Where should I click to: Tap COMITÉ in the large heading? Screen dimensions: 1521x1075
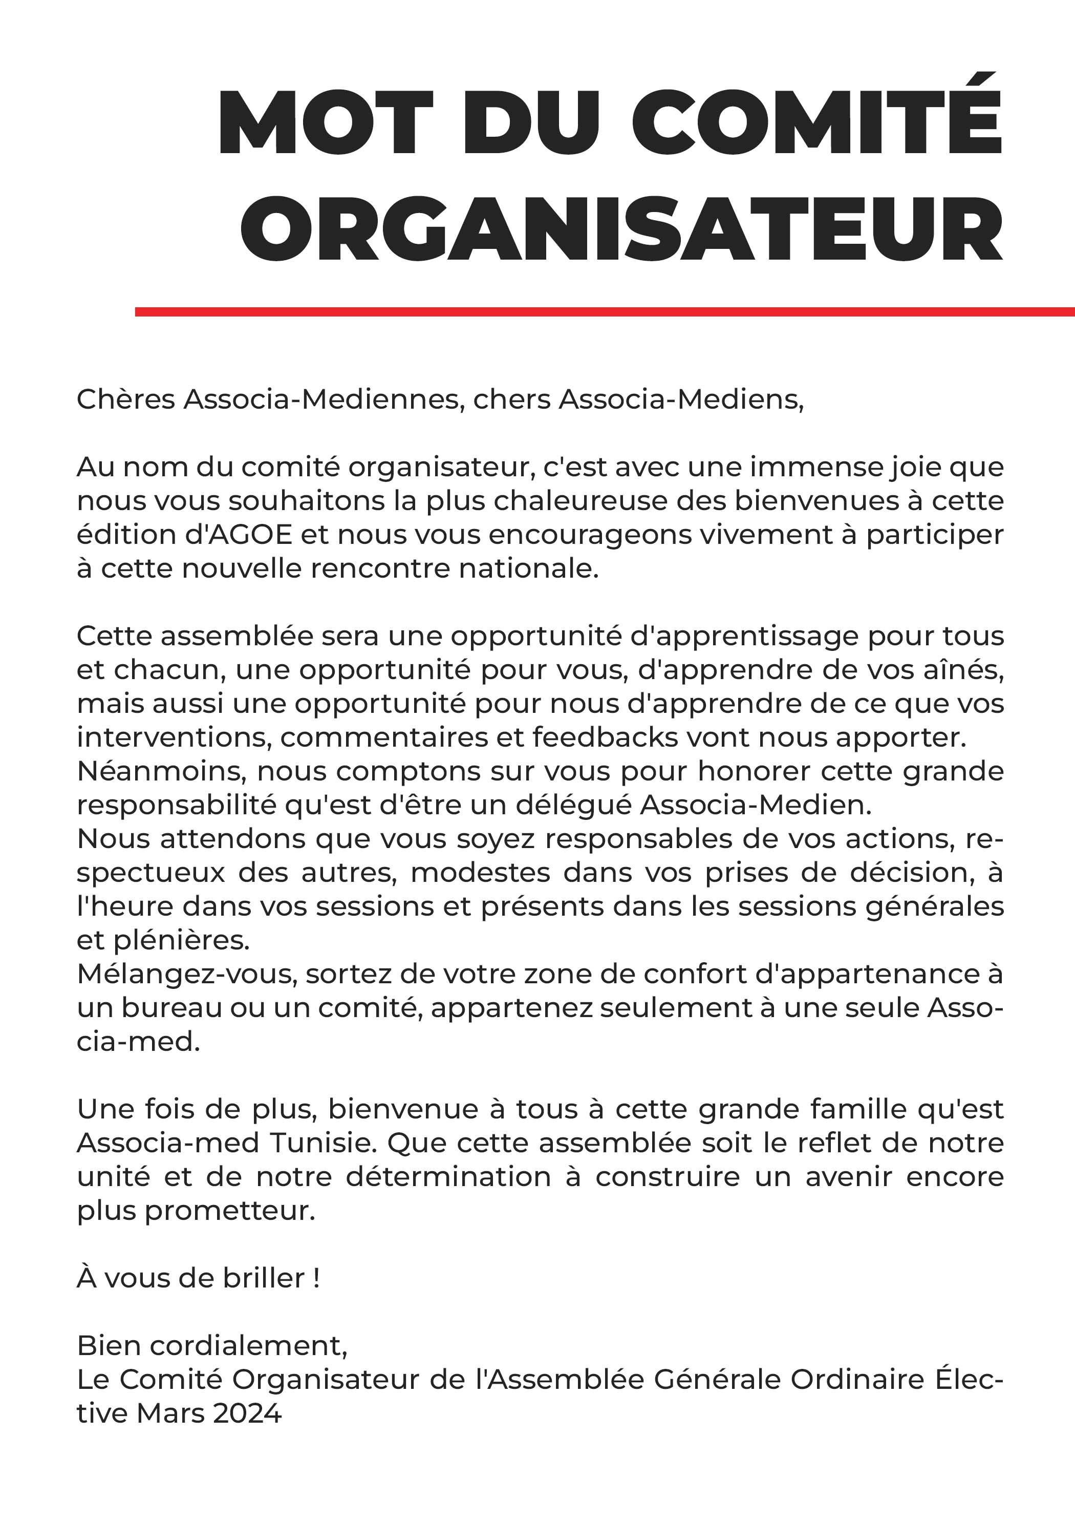tap(821, 123)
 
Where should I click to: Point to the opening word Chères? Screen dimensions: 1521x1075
tap(126, 399)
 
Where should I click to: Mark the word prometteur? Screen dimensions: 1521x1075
tap(228, 1210)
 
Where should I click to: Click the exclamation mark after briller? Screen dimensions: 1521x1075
tap(316, 1278)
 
